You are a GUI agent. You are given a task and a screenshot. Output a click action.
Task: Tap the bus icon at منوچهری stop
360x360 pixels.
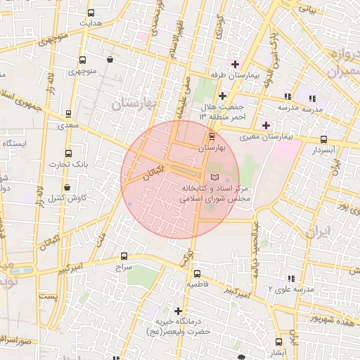[83, 60]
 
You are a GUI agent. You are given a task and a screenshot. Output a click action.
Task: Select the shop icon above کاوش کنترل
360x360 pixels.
[67, 188]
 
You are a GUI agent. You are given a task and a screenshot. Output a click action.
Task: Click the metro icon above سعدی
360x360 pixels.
[68, 112]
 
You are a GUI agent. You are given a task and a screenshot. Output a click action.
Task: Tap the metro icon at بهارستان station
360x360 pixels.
[212, 136]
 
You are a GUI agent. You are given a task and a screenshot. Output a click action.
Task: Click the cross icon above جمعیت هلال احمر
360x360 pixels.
[222, 96]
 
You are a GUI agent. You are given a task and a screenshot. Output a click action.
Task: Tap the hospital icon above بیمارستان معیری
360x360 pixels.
[265, 125]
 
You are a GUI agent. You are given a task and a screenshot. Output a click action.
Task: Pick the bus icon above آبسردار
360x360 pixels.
[323, 139]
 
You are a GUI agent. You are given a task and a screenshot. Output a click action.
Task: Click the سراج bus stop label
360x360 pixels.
[124, 268]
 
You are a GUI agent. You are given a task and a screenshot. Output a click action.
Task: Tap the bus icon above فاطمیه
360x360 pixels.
[196, 274]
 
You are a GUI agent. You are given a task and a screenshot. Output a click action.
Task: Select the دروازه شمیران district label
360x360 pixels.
[337, 63]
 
